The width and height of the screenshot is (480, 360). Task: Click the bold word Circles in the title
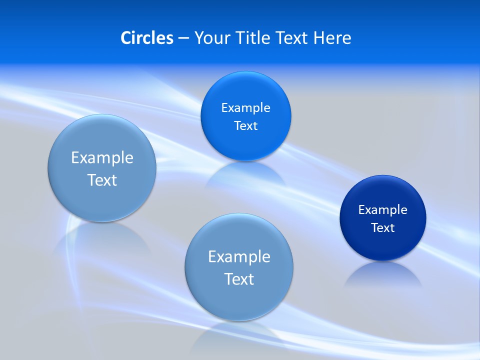(x=147, y=38)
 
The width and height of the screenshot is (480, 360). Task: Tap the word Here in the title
(x=332, y=38)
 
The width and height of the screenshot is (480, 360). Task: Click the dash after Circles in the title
(x=183, y=38)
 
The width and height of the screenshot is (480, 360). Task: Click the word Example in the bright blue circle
(x=245, y=107)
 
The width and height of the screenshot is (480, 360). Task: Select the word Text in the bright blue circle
(x=245, y=126)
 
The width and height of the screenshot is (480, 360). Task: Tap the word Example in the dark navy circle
(x=382, y=209)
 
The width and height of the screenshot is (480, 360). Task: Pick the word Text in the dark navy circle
(x=383, y=228)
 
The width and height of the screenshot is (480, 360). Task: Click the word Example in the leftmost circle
(x=102, y=157)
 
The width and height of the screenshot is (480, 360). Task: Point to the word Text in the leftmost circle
(x=102, y=180)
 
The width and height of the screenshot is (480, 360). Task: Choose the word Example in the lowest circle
(x=239, y=256)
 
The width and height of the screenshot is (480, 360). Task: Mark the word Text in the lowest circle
(x=239, y=279)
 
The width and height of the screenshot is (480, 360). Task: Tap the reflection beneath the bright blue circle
(x=245, y=172)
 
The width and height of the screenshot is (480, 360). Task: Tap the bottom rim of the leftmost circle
(x=102, y=219)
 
